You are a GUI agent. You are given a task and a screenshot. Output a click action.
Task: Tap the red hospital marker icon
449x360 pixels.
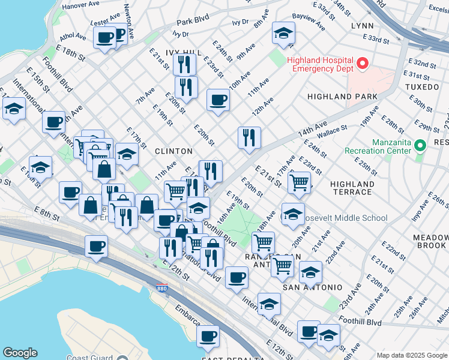click(x=362, y=62)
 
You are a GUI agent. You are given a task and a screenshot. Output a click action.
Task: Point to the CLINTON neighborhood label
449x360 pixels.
click(x=173, y=151)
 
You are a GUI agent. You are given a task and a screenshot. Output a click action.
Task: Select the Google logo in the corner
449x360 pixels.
click(x=20, y=353)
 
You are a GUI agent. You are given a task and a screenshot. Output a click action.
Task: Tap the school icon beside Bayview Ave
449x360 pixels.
click(x=283, y=33)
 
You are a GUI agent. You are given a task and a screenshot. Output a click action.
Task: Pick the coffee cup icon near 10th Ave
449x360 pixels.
click(x=218, y=99)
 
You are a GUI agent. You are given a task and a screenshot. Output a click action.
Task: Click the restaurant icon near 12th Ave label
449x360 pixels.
click(x=249, y=137)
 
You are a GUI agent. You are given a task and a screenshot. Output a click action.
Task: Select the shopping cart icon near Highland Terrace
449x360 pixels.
click(x=299, y=182)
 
